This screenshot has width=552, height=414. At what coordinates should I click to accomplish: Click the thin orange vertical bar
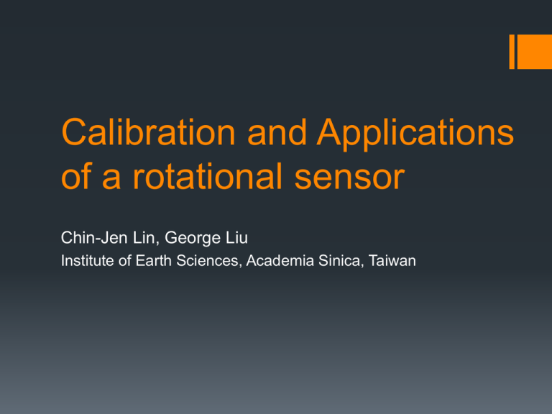(x=512, y=52)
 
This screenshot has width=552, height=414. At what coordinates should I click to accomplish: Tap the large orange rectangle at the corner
(x=535, y=52)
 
